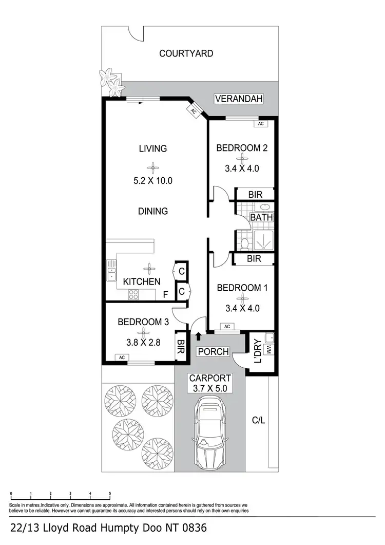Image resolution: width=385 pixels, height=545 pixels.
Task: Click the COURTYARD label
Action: pos(186,53)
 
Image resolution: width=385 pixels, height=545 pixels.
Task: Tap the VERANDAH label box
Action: pos(239,99)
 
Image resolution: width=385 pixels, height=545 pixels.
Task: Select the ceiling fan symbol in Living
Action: pos(152,166)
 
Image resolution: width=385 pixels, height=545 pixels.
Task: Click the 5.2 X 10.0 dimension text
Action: pos(152,181)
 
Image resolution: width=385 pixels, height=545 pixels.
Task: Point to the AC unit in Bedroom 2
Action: pos(260,124)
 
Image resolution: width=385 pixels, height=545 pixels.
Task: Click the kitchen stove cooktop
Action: pos(134,295)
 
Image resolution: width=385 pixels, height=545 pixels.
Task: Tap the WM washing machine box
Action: pos(267,350)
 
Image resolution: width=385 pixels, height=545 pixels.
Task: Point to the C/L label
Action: pos(258,421)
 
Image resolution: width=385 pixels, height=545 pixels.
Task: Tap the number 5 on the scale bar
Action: pos(110,494)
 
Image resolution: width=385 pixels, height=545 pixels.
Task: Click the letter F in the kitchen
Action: pos(165,295)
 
